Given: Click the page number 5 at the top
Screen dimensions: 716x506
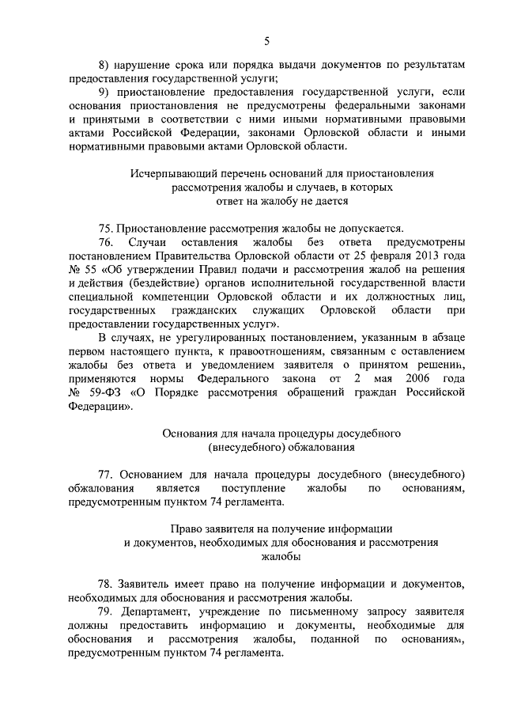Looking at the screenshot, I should [266, 40].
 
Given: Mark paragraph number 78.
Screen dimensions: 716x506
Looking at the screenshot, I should [106, 583].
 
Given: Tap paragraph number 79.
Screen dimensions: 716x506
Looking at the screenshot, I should [106, 612].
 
